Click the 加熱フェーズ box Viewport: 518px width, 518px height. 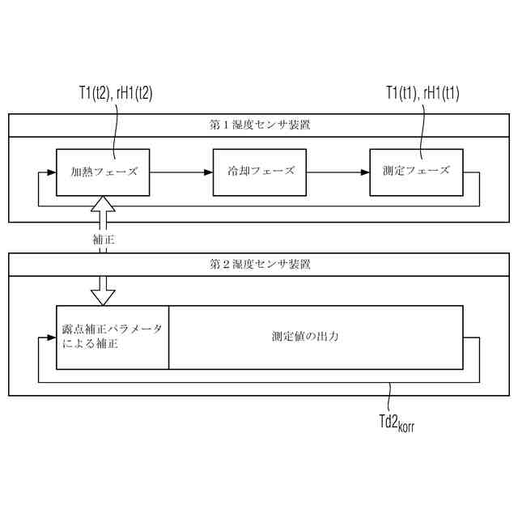click(103, 172)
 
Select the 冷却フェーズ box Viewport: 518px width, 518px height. click(260, 172)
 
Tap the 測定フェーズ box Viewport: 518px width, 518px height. click(416, 172)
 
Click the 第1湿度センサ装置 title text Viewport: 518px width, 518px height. click(259, 125)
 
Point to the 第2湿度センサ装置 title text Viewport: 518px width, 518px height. click(259, 264)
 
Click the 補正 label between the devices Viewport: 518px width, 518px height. click(104, 240)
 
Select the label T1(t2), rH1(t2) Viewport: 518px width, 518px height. click(110, 93)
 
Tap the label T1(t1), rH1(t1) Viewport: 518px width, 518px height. click(422, 93)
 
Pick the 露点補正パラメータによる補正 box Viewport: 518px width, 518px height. click(112, 337)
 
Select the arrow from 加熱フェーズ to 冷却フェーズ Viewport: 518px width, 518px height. click(181, 172)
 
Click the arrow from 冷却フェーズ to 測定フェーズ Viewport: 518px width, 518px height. click(338, 172)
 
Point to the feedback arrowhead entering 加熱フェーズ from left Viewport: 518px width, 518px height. click(51, 172)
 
